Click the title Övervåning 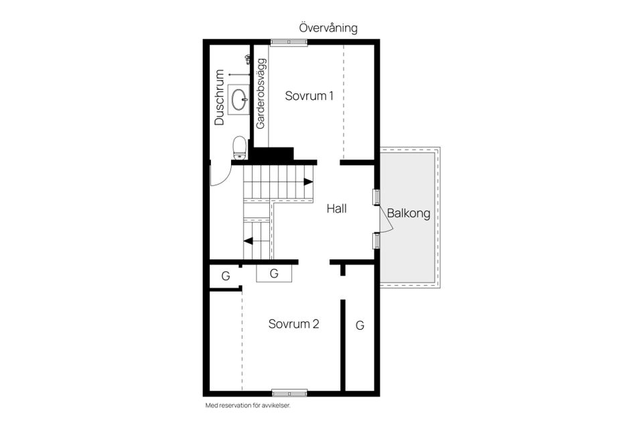[328, 28]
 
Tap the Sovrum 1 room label [309, 96]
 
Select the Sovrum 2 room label [293, 324]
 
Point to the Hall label [337, 208]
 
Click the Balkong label [408, 214]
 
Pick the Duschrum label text [220, 98]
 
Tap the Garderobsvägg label [261, 94]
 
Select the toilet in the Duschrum [239, 147]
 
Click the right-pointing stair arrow [307, 182]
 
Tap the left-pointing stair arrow [248, 241]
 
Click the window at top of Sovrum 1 [289, 42]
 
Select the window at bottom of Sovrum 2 [289, 392]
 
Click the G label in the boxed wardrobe [274, 273]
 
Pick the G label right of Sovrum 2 [360, 326]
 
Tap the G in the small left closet [226, 275]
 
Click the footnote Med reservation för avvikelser [247, 406]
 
